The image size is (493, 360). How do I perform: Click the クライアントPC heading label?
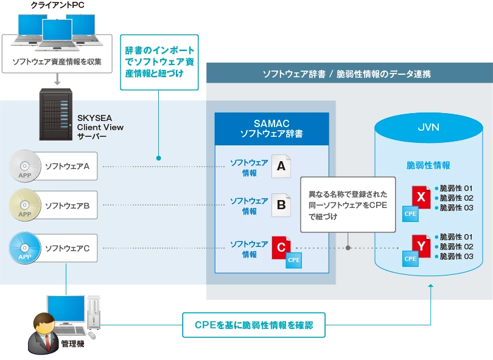tap(58, 5)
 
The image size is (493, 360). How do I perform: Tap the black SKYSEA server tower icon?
tap(55, 114)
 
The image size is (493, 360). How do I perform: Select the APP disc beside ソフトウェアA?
tap(25, 166)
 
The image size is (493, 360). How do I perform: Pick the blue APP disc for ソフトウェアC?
tap(25, 248)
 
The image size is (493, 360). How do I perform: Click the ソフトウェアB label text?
tap(68, 206)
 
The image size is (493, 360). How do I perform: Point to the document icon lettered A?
tap(281, 166)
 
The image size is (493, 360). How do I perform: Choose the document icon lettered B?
tap(281, 205)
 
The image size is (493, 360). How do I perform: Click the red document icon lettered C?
tap(281, 247)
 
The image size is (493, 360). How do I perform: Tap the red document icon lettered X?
tap(421, 197)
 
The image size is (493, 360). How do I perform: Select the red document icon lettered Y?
tap(421, 246)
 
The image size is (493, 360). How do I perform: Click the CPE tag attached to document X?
tap(410, 214)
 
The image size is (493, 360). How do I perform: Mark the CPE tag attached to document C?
tap(293, 260)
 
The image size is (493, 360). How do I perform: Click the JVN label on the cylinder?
tap(428, 127)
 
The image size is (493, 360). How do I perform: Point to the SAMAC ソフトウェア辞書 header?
tap(271, 129)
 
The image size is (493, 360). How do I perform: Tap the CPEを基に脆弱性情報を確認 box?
tap(254, 325)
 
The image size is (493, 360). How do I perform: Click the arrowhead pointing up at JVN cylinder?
tap(431, 286)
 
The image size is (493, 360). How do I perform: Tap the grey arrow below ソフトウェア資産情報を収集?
tap(57, 79)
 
